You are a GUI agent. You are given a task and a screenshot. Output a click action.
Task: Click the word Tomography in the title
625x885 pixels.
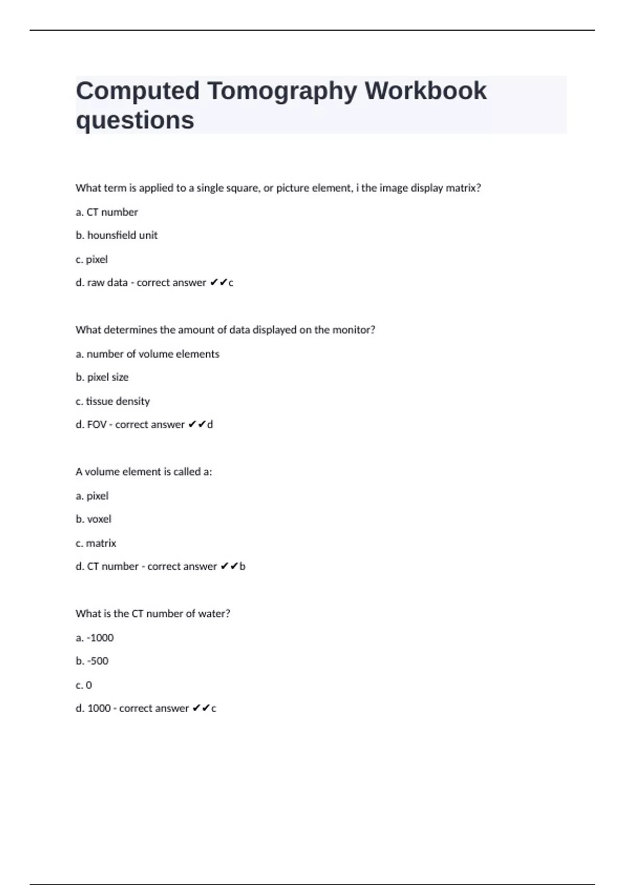point(282,91)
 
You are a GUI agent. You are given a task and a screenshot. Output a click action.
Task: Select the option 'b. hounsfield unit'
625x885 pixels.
point(116,235)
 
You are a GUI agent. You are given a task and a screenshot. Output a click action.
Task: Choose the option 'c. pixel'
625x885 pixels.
point(92,259)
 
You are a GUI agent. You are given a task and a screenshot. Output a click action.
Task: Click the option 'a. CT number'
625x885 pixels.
point(107,212)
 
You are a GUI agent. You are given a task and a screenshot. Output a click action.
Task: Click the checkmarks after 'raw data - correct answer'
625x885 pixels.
point(219,283)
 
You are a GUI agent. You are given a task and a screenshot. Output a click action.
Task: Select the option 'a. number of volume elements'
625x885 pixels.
point(147,354)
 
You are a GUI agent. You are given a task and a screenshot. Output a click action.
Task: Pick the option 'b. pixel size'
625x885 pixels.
point(102,377)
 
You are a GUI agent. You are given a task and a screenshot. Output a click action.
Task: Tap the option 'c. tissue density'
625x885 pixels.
point(113,401)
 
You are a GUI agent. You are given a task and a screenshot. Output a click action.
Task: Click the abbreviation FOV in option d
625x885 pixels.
point(97,424)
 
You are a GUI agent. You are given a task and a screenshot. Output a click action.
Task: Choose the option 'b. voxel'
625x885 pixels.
point(93,519)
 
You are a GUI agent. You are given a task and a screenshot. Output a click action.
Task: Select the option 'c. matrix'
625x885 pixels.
point(96,543)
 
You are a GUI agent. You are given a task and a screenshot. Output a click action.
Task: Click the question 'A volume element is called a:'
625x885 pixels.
point(144,472)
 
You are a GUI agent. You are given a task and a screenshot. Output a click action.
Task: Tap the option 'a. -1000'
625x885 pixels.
point(94,638)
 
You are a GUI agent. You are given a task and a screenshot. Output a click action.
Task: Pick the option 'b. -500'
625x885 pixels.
point(92,661)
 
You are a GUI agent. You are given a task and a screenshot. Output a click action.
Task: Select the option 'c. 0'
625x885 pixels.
point(84,685)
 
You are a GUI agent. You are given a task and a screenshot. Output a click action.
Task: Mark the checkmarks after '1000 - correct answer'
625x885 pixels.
point(201,708)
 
